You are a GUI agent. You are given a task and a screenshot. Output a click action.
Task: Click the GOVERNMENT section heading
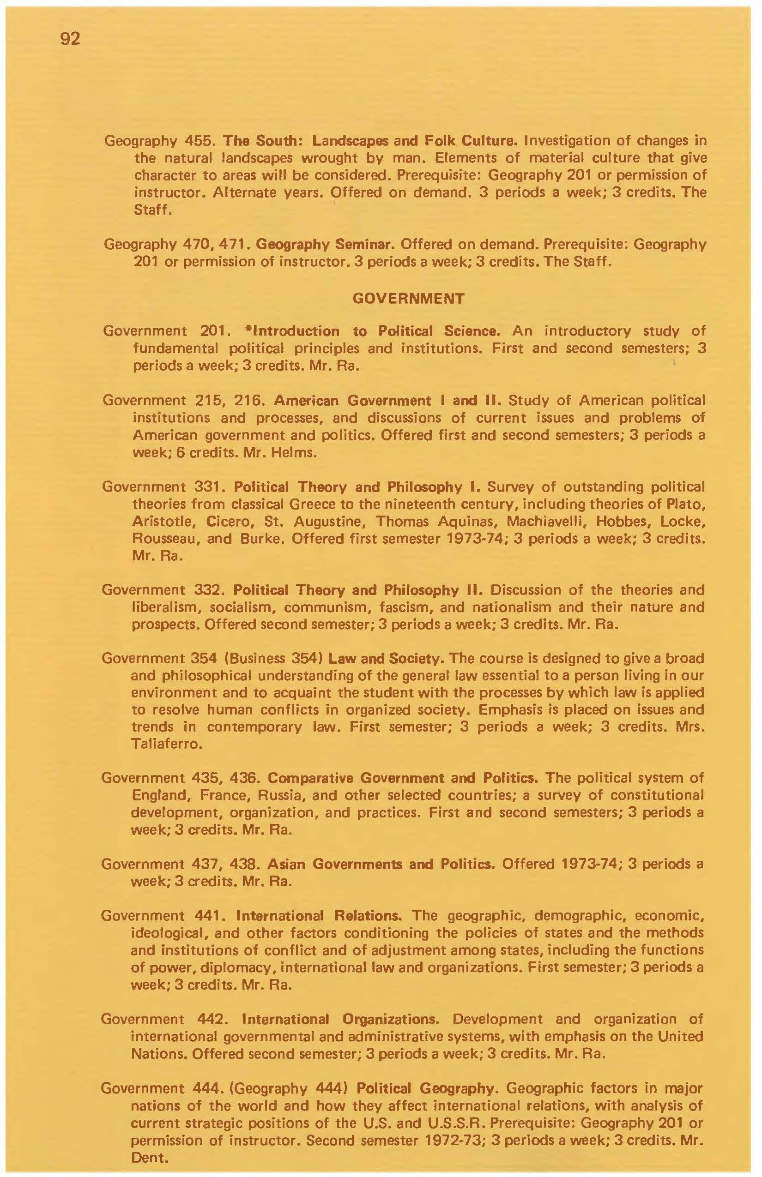tap(408, 298)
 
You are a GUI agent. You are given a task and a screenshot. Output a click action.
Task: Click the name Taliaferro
tap(166, 744)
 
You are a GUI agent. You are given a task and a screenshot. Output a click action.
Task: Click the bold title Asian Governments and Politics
tap(381, 864)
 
